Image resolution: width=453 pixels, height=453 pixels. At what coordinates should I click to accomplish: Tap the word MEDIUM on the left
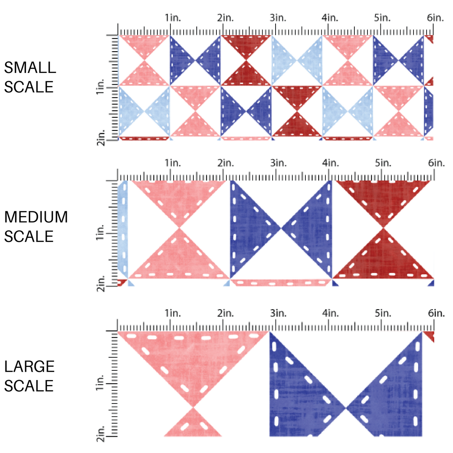point(36,217)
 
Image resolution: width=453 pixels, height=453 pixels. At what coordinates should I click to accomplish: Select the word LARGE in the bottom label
point(30,366)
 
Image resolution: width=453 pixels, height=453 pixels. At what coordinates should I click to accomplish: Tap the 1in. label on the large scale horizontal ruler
point(172,313)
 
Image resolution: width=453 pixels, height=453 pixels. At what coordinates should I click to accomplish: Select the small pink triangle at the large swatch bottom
point(193,424)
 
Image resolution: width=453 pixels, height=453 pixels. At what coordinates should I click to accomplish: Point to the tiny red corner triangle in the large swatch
point(429,335)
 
